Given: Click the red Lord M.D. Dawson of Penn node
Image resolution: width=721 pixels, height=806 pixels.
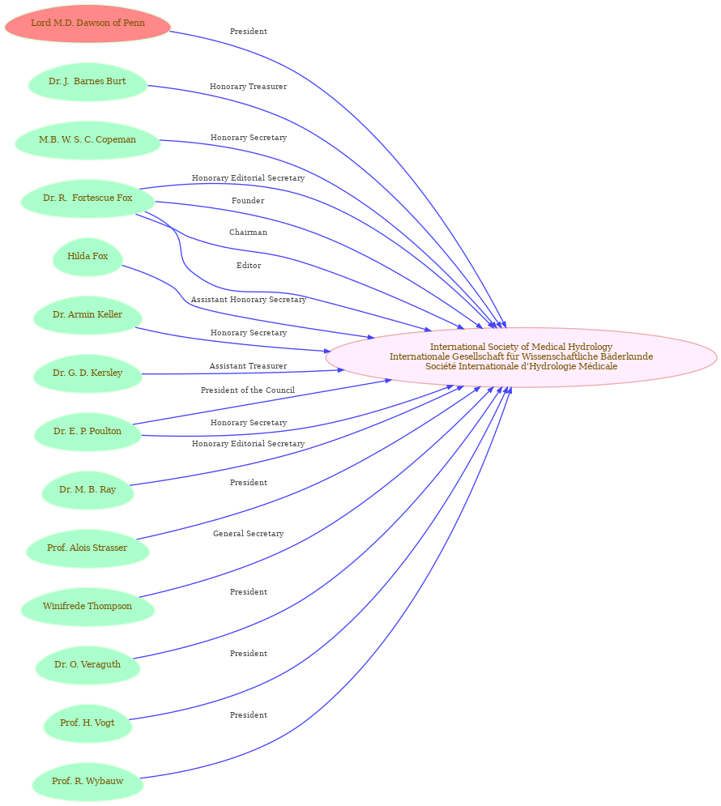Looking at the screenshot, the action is pyautogui.click(x=87, y=23).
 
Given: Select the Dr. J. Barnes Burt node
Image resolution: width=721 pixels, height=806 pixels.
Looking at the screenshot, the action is pyautogui.click(x=87, y=82).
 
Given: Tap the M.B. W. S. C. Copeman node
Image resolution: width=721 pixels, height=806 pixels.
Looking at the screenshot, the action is pyautogui.click(x=87, y=140).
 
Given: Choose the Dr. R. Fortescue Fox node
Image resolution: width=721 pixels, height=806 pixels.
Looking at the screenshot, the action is pyautogui.click(x=87, y=198).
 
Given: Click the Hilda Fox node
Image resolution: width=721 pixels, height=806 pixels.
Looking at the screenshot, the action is pyautogui.click(x=87, y=257).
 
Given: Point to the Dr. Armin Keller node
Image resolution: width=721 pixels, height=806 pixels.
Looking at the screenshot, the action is pyautogui.click(x=87, y=315).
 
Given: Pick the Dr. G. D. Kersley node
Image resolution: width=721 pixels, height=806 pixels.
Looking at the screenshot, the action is pyautogui.click(x=87, y=373).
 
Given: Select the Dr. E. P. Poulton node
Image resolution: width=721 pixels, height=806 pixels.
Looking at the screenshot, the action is pyautogui.click(x=87, y=432).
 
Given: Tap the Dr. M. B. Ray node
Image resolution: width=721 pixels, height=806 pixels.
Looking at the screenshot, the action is pyautogui.click(x=87, y=490).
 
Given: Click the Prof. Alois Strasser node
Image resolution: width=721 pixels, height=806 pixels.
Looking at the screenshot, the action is pyautogui.click(x=87, y=548).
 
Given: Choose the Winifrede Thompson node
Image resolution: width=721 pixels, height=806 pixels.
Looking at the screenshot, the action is pyautogui.click(x=87, y=607).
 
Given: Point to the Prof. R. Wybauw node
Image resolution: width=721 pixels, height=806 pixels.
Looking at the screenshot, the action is pyautogui.click(x=87, y=782).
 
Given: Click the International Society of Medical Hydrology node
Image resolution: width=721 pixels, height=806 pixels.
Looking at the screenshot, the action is pyautogui.click(x=521, y=356).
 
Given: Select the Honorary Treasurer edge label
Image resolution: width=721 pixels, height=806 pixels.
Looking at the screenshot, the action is pyautogui.click(x=248, y=87).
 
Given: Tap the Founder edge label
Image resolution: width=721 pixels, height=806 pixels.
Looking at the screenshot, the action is pyautogui.click(x=248, y=200).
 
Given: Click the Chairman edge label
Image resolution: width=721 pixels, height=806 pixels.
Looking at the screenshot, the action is pyautogui.click(x=248, y=232).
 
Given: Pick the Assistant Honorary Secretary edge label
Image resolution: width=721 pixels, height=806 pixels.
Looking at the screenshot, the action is pyautogui.click(x=248, y=299).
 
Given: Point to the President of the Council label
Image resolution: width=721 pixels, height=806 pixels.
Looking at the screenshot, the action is pyautogui.click(x=248, y=390).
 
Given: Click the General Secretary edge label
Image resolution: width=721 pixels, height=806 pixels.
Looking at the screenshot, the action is pyautogui.click(x=248, y=534).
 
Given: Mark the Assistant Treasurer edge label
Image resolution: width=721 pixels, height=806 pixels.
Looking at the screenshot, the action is pyautogui.click(x=248, y=366).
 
